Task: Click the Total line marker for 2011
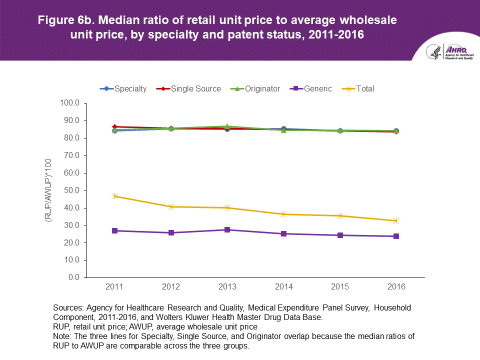[114, 196]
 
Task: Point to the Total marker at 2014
[283, 214]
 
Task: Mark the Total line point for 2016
[396, 220]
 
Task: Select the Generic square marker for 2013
[227, 229]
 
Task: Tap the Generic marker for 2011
[114, 230]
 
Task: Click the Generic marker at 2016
[396, 236]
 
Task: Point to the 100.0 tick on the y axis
[70, 103]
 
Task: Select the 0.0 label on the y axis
[74, 277]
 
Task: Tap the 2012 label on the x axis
[171, 287]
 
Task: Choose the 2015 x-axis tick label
[340, 287]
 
